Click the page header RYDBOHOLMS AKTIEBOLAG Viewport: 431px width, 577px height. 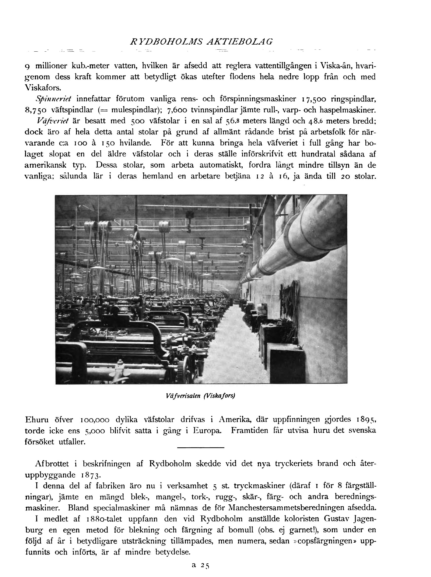tap(201, 42)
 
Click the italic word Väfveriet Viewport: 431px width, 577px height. tap(53, 121)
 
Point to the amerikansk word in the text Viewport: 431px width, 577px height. tap(45, 165)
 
